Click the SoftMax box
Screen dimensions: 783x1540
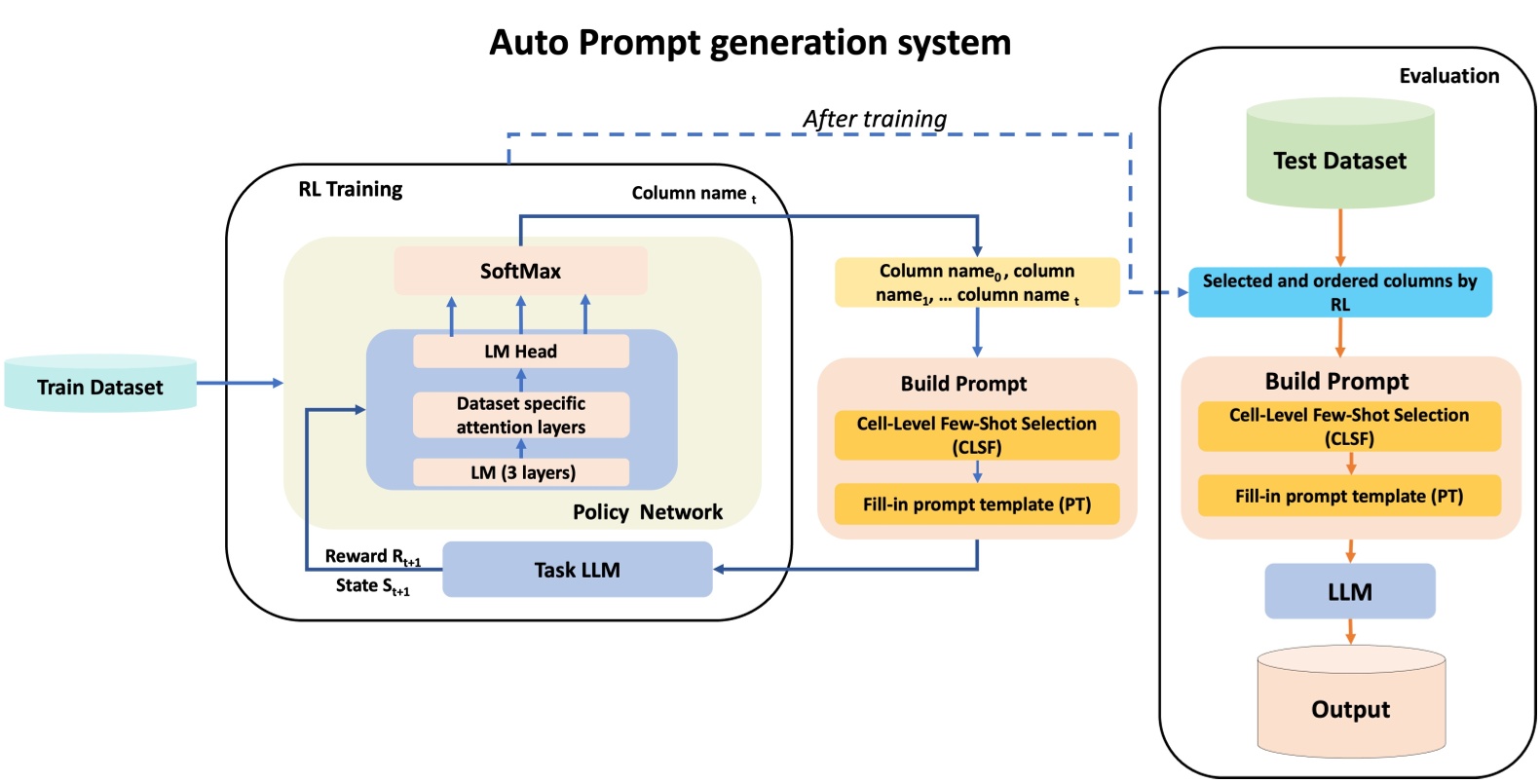coord(520,271)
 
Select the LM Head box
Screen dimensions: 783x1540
coord(520,352)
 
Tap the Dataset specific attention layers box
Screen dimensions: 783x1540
coord(520,415)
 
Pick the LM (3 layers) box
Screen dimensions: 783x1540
coord(520,472)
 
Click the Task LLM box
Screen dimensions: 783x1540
coord(577,570)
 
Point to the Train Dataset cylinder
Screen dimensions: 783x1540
coord(100,386)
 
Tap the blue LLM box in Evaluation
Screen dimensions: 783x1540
coord(1349,591)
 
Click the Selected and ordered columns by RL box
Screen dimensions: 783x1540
coord(1339,292)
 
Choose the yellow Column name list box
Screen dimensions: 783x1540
coord(976,282)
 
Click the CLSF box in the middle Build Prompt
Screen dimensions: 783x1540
coord(976,435)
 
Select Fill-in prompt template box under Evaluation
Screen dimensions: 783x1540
coord(1349,496)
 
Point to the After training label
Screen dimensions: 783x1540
coord(874,119)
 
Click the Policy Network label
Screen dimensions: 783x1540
coord(647,512)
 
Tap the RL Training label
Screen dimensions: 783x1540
coord(350,189)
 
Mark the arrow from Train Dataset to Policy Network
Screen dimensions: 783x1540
coord(239,383)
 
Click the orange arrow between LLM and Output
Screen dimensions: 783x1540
coord(1350,632)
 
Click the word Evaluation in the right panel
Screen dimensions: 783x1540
coord(1448,76)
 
